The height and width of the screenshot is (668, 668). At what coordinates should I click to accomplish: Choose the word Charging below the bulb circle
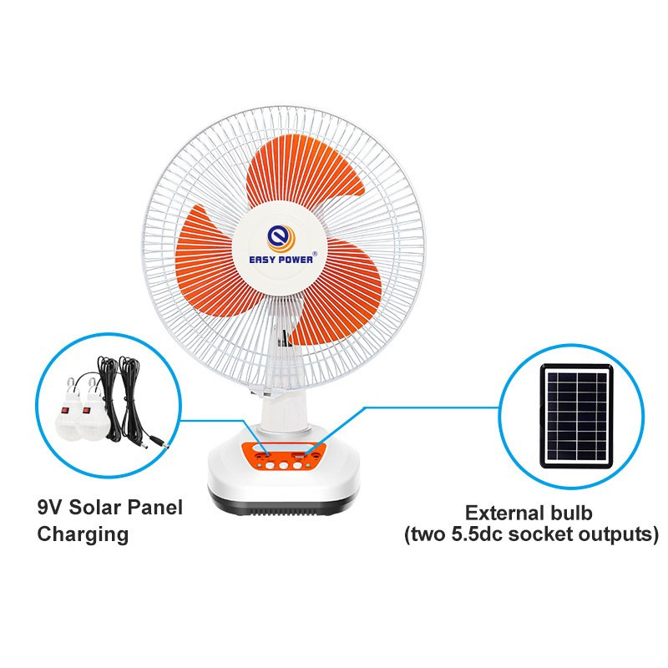83,534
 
